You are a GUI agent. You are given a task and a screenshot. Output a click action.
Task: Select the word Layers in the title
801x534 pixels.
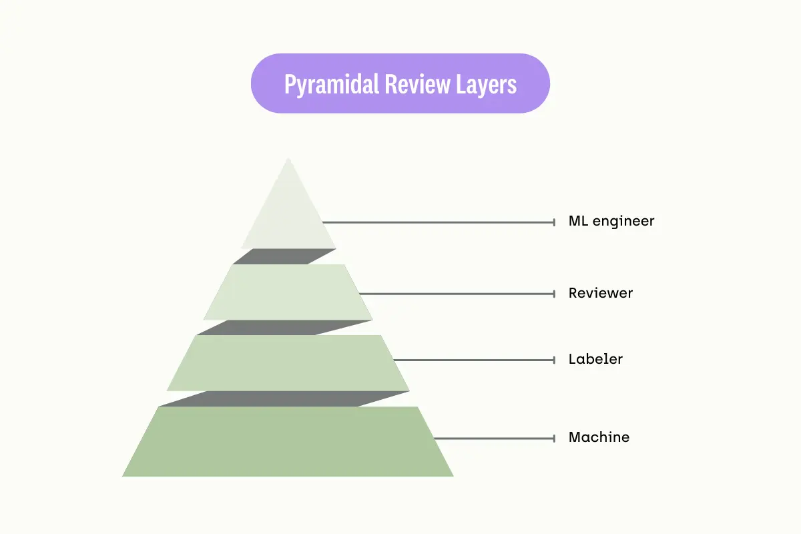486,85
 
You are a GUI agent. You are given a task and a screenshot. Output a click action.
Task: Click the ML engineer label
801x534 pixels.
611,221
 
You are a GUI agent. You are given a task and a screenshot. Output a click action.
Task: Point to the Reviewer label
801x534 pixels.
601,293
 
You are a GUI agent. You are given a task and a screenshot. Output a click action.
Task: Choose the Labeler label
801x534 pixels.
595,359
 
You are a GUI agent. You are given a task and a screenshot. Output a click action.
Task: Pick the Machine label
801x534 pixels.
599,438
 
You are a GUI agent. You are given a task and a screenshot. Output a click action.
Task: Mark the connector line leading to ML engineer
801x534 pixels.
441,222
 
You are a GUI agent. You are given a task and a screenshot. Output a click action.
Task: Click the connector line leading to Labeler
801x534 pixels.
474,360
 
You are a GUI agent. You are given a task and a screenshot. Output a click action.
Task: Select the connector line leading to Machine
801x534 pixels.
494,438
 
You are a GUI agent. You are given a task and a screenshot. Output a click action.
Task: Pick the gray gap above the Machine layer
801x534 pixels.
284,398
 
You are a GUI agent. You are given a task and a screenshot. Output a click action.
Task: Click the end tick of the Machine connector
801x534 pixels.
554,438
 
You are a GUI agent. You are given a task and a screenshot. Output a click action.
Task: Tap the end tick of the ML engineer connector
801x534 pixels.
554,222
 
